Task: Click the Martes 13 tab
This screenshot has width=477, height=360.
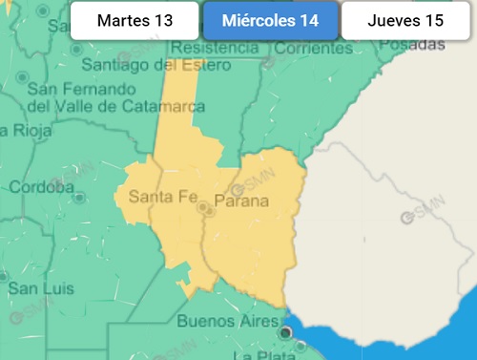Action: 135,21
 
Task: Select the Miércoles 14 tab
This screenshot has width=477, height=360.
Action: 270,21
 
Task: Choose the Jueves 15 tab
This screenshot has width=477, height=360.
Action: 405,21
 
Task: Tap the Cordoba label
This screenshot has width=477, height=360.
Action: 40,187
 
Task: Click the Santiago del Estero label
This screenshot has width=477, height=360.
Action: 156,65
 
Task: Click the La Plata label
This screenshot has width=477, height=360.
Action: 258,354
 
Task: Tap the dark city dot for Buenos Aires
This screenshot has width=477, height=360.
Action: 284,331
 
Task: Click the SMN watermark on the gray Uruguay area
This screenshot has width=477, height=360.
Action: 421,217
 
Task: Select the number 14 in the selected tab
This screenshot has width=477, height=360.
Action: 309,21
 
